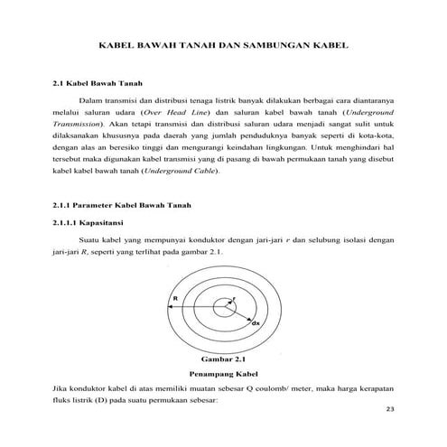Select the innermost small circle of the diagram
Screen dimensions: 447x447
pyautogui.click(x=222, y=309)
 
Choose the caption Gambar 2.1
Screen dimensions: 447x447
pyautogui.click(x=222, y=357)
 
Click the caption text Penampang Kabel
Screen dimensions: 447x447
pyautogui.click(x=221, y=372)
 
